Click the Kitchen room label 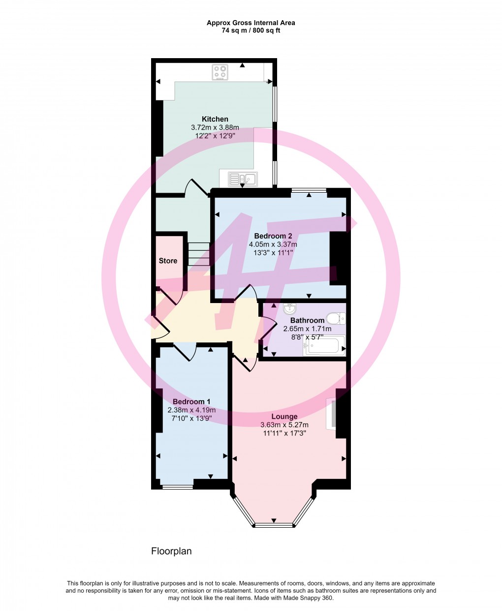pyautogui.click(x=215, y=119)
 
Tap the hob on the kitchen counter pyautogui.click(x=220, y=72)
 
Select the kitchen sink pyautogui.click(x=242, y=179)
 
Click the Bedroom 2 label pyautogui.click(x=273, y=236)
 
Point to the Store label pyautogui.click(x=168, y=261)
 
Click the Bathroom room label pyautogui.click(x=307, y=320)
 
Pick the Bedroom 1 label pyautogui.click(x=191, y=402)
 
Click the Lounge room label pyautogui.click(x=284, y=417)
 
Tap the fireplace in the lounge pyautogui.click(x=333, y=413)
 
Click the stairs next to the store pyautogui.click(x=199, y=254)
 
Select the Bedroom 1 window pyautogui.click(x=177, y=487)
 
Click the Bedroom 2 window pyautogui.click(x=309, y=190)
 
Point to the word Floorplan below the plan pyautogui.click(x=171, y=551)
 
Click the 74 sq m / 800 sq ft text pyautogui.click(x=251, y=31)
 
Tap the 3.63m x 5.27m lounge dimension pyautogui.click(x=284, y=425)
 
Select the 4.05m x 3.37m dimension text pyautogui.click(x=273, y=244)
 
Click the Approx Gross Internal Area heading pyautogui.click(x=251, y=23)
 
